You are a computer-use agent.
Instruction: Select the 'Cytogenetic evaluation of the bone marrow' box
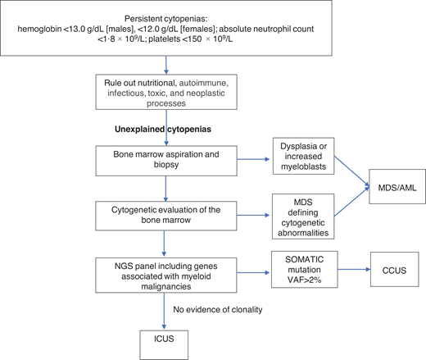[x=167, y=215]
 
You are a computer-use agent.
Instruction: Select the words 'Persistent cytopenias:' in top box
[x=168, y=18]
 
